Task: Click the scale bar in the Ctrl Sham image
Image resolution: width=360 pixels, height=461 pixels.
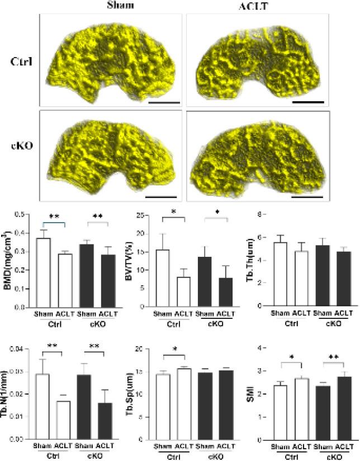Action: click(164, 103)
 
